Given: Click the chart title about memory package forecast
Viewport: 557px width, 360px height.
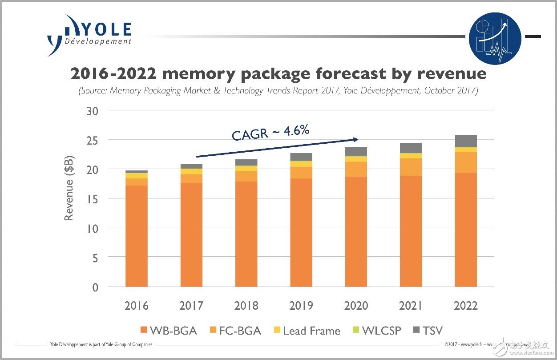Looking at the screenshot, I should pyautogui.click(x=278, y=74).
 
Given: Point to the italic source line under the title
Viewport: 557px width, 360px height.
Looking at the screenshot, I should pyautogui.click(x=278, y=91).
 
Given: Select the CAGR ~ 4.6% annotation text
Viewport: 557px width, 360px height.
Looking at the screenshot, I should pyautogui.click(x=270, y=133).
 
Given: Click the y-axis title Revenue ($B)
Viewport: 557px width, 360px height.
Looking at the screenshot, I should pyautogui.click(x=69, y=188).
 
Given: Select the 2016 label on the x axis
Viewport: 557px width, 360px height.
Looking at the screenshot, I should pyautogui.click(x=137, y=306).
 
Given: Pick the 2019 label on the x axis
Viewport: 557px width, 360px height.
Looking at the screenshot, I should pyautogui.click(x=301, y=306).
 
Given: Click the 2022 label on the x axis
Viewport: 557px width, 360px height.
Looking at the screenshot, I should pyautogui.click(x=466, y=306).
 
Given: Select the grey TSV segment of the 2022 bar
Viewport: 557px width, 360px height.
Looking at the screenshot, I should pyautogui.click(x=466, y=141).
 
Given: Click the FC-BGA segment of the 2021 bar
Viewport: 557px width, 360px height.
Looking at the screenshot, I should pyautogui.click(x=411, y=167).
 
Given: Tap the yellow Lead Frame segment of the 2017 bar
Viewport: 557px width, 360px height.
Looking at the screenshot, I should pyautogui.click(x=191, y=171).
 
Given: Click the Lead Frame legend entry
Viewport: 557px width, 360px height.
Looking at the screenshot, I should pyautogui.click(x=306, y=331).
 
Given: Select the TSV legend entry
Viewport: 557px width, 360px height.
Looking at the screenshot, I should pyautogui.click(x=427, y=331).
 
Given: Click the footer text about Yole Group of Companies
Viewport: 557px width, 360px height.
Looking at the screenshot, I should pyautogui.click(x=100, y=344).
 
